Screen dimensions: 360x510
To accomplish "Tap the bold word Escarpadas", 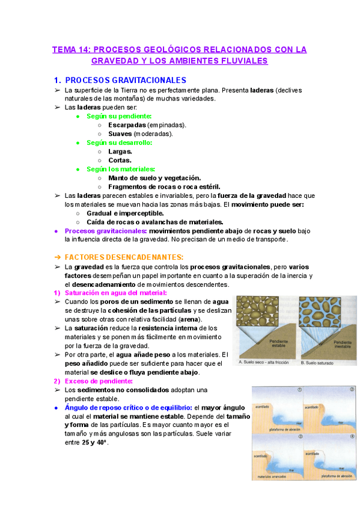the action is tap(127, 125).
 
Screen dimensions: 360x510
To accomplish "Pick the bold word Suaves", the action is tap(120, 134).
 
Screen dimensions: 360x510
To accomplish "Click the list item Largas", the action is tap(120, 152).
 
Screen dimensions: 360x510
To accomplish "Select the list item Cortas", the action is tap(120, 161).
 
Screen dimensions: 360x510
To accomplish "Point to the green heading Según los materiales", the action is tap(121, 169).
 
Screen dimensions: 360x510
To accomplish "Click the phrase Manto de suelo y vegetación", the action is tap(154, 178).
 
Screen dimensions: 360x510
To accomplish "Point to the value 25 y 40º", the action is tap(94, 443).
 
